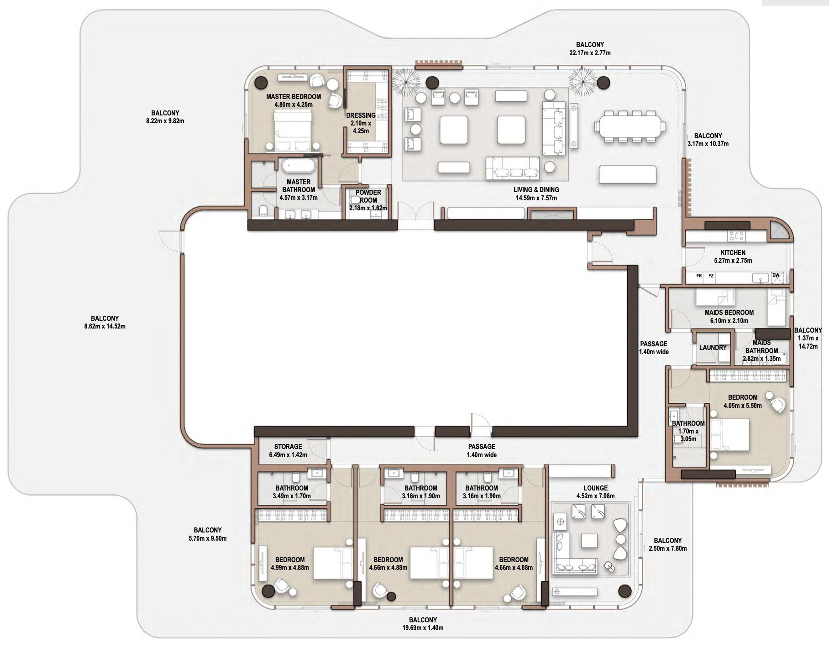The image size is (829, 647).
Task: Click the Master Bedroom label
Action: [294, 97]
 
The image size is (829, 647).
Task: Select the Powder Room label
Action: [368, 196]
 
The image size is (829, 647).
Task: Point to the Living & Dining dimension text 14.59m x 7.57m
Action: [536, 198]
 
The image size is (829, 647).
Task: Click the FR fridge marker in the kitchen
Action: [699, 276]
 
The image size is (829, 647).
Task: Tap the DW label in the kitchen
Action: [776, 275]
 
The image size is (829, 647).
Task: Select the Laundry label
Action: [713, 348]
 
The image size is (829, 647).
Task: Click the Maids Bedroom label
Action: [729, 313]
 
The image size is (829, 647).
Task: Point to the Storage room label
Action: [288, 447]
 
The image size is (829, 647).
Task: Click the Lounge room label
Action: [596, 488]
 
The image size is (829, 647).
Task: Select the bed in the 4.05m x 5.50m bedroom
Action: [729, 435]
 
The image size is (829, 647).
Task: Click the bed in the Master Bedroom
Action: [293, 131]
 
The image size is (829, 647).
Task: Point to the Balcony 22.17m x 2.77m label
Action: [590, 49]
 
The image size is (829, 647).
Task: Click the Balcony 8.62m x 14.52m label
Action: [105, 323]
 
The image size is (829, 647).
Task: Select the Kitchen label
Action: [733, 252]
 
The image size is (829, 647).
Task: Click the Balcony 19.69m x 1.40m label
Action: [423, 624]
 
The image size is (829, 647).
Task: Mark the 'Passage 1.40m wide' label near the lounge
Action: [482, 451]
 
